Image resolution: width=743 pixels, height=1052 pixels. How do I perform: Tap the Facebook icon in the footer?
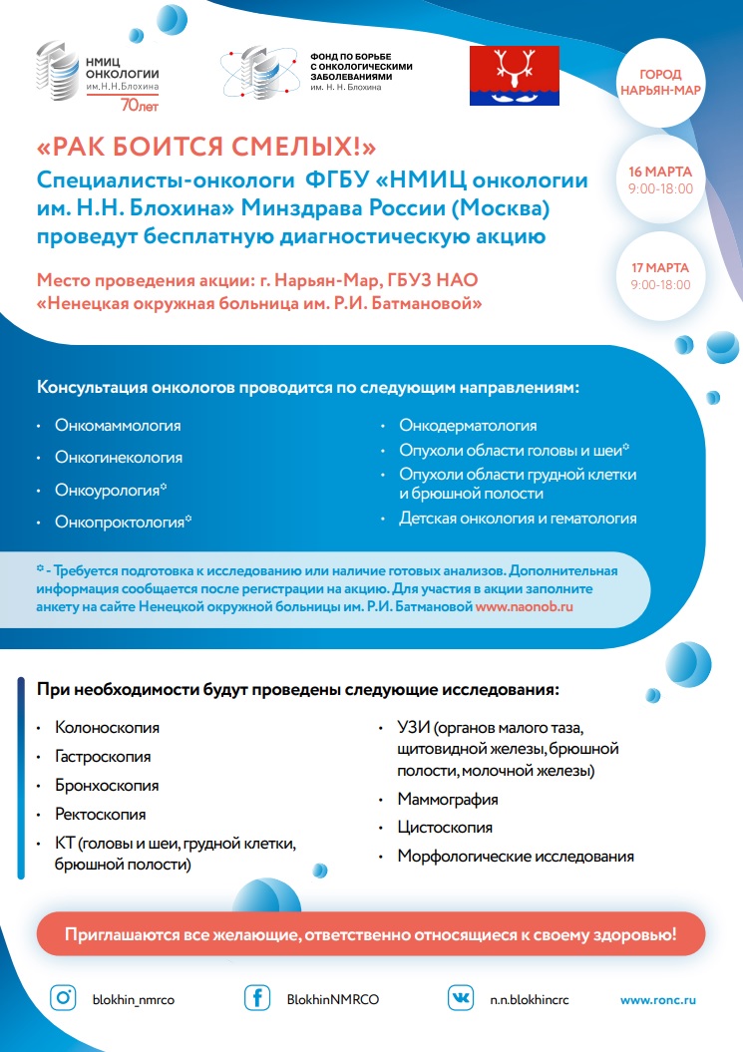click(x=258, y=997)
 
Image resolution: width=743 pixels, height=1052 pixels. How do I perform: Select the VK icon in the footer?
click(x=461, y=997)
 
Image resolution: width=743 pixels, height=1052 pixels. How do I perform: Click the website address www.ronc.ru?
click(x=658, y=999)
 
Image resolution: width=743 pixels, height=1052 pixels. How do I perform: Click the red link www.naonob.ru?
click(x=524, y=605)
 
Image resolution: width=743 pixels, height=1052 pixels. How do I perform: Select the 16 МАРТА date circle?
click(x=660, y=180)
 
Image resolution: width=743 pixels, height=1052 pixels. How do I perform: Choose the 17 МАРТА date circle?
click(x=660, y=274)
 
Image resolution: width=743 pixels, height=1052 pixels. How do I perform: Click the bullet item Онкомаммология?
click(x=118, y=426)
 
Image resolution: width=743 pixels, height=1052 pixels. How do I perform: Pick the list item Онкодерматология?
click(x=468, y=426)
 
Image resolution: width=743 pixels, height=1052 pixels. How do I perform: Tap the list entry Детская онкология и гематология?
click(x=517, y=519)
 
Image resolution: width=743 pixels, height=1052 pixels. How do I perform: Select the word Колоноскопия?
click(x=107, y=729)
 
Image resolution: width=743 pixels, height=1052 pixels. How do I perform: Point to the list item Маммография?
click(x=447, y=800)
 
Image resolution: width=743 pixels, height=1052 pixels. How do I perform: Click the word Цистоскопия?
click(x=444, y=828)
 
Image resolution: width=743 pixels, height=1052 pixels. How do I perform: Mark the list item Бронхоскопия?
click(x=107, y=786)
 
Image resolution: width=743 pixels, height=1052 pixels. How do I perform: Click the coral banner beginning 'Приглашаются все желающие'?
click(x=371, y=935)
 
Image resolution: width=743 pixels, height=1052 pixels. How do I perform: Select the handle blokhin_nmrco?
click(x=133, y=999)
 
